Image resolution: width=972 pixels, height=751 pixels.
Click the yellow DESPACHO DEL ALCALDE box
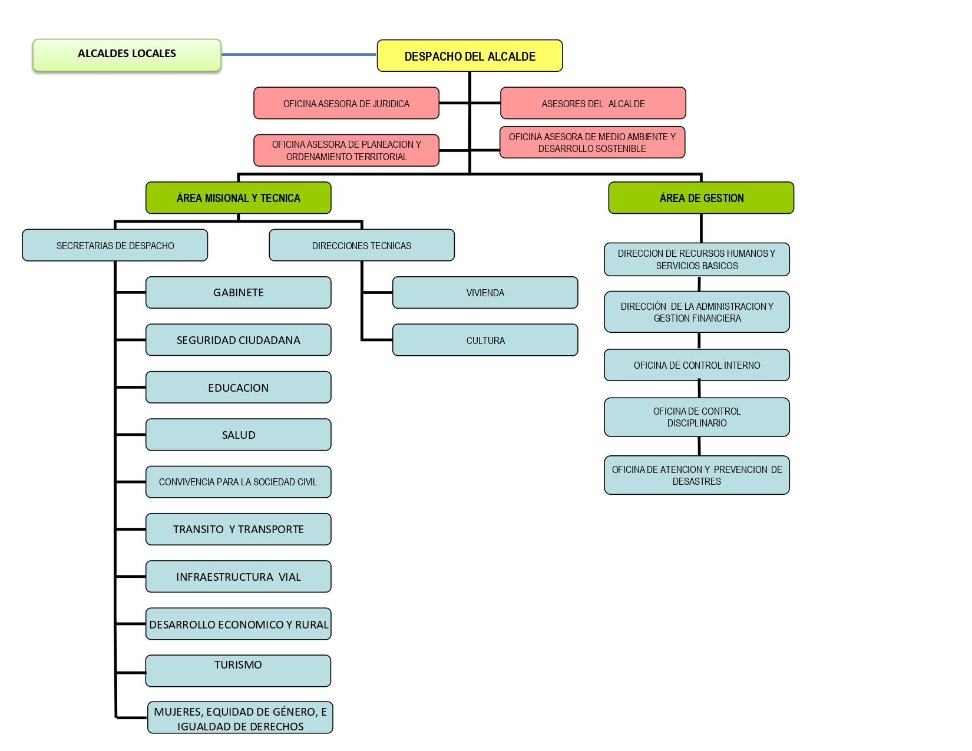click(470, 56)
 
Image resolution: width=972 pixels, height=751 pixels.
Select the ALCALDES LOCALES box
click(127, 55)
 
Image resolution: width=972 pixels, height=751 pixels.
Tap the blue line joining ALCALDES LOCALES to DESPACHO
click(299, 55)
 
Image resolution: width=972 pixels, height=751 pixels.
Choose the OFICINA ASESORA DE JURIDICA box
click(346, 104)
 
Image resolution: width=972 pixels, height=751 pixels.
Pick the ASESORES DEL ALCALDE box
click(593, 104)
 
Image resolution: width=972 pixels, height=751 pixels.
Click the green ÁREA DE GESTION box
click(701, 198)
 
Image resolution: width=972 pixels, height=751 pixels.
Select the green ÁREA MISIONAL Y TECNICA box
click(238, 198)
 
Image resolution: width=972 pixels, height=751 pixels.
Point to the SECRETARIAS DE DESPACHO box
click(115, 246)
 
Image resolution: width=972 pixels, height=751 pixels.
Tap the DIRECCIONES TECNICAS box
click(362, 246)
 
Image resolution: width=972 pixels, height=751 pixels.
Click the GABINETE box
click(238, 293)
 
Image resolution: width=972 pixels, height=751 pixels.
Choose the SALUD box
click(238, 435)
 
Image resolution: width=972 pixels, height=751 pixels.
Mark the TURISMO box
click(238, 671)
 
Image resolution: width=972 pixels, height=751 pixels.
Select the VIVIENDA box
click(485, 293)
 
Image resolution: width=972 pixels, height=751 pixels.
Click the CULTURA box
click(485, 340)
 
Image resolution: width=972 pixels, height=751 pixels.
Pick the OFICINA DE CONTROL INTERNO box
click(697, 365)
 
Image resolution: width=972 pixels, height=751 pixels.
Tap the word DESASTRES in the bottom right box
click(697, 482)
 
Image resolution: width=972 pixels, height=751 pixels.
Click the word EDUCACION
click(238, 388)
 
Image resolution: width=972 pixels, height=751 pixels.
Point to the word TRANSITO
click(199, 530)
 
